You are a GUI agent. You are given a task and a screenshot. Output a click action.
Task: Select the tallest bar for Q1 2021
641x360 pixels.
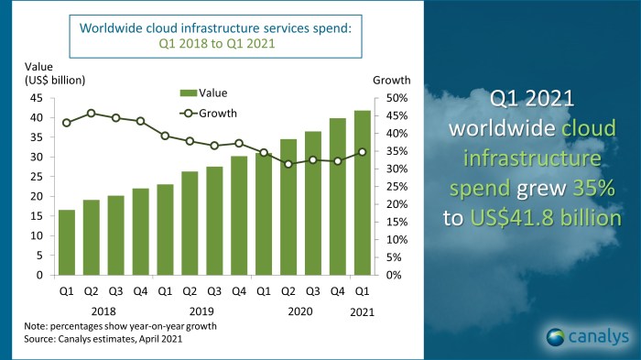point(363,192)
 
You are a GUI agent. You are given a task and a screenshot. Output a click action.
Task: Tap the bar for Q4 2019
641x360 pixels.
point(239,215)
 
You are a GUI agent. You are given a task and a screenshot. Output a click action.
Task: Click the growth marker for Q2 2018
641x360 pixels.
point(91,114)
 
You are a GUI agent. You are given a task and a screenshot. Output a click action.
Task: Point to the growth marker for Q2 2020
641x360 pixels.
point(288,164)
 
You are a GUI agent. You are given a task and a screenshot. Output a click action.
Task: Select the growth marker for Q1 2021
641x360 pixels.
point(363,152)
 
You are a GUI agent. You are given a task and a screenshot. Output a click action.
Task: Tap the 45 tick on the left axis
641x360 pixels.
point(37,98)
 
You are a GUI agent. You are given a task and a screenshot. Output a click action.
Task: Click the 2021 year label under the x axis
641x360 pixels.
point(363,311)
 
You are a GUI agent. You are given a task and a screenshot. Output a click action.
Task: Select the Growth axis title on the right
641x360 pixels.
point(392,80)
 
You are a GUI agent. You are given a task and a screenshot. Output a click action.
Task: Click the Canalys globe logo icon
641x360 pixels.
point(555,336)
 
